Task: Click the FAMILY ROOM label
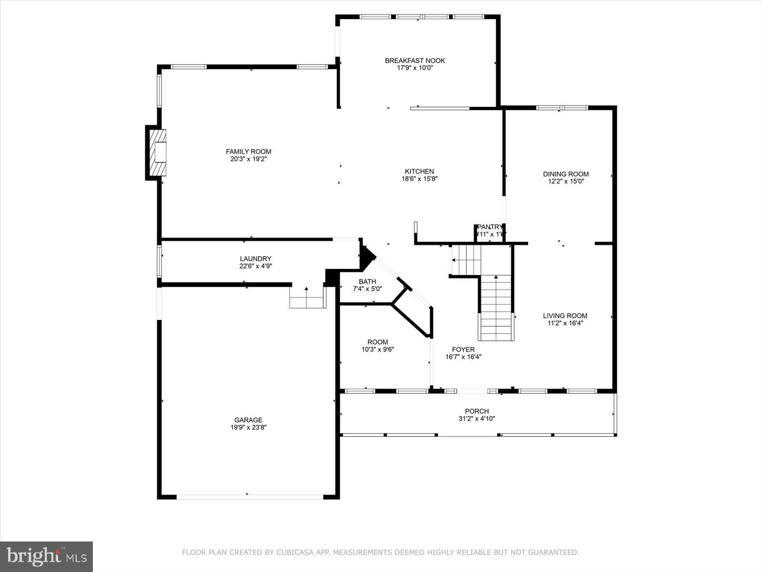pyautogui.click(x=248, y=152)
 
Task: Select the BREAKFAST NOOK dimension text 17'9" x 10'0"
pyautogui.click(x=415, y=68)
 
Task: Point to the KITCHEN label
pyautogui.click(x=419, y=172)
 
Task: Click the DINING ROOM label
pyautogui.click(x=566, y=174)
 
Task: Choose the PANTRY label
pyautogui.click(x=490, y=227)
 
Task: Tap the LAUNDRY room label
pyautogui.click(x=256, y=259)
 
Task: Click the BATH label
pyautogui.click(x=367, y=282)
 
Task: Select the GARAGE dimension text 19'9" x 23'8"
pyautogui.click(x=248, y=428)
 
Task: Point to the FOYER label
pyautogui.click(x=463, y=349)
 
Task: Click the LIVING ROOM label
pyautogui.click(x=565, y=316)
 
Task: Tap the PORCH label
pyautogui.click(x=477, y=411)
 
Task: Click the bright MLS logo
pyautogui.click(x=46, y=556)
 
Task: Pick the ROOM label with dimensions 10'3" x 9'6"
pyautogui.click(x=377, y=342)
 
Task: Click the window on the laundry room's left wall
pyautogui.click(x=159, y=261)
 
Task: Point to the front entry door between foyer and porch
pyautogui.click(x=472, y=391)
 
